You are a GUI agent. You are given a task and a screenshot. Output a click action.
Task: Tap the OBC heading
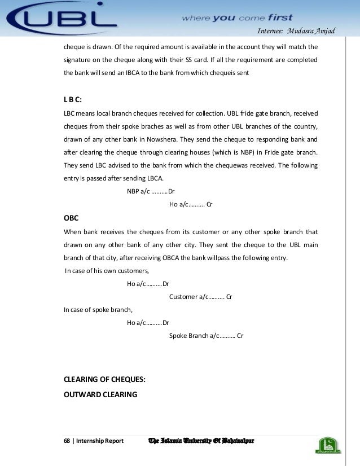[x=71, y=218]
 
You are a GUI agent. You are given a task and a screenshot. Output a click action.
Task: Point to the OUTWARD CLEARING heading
[x=100, y=394]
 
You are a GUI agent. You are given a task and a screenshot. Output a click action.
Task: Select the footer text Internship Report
[x=100, y=440]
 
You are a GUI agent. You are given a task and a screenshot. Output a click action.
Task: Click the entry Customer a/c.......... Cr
[x=201, y=296]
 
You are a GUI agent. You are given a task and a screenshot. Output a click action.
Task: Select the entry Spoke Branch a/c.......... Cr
[x=206, y=336]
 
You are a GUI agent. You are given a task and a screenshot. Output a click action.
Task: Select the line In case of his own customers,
[x=104, y=270]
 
